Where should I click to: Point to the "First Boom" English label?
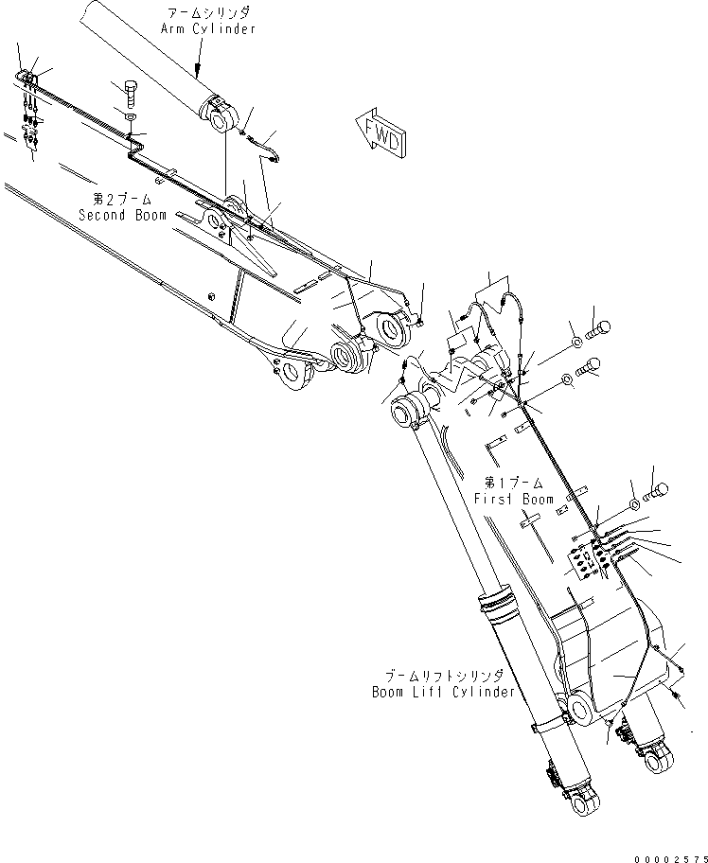click(x=515, y=499)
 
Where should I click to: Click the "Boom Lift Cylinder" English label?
click(x=443, y=692)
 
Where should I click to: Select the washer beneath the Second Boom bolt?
click(x=131, y=116)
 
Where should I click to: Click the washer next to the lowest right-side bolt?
click(x=634, y=500)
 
